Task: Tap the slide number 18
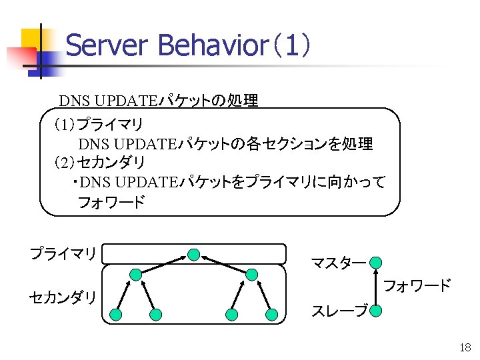pyautogui.click(x=465, y=347)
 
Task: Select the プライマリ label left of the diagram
pyautogui.click(x=63, y=253)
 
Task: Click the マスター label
pyautogui.click(x=338, y=263)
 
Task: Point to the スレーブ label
pyautogui.click(x=339, y=311)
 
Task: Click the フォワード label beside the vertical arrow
pyautogui.click(x=418, y=286)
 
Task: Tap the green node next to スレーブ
pyautogui.click(x=376, y=311)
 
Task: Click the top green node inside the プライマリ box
pyautogui.click(x=193, y=254)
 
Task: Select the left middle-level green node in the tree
pyautogui.click(x=135, y=274)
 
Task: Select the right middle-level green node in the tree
pyautogui.click(x=251, y=274)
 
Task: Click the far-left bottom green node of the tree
pyautogui.click(x=116, y=314)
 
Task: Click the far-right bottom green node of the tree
pyautogui.click(x=271, y=314)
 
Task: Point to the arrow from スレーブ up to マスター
pyautogui.click(x=376, y=287)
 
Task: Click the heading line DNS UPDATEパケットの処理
pyautogui.click(x=159, y=101)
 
